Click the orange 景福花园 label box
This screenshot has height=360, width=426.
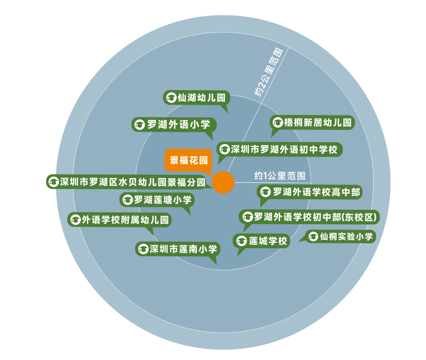(188, 160)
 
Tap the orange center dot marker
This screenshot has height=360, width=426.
(223, 182)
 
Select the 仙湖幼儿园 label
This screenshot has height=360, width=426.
(196, 97)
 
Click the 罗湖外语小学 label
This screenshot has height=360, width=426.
(174, 125)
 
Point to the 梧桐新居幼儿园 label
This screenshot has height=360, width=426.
(312, 122)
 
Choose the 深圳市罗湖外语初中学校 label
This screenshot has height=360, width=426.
(279, 149)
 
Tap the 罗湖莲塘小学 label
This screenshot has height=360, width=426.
(157, 200)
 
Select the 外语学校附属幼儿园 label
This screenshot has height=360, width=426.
(120, 220)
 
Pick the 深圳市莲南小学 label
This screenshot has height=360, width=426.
(178, 249)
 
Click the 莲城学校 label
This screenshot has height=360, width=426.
(261, 241)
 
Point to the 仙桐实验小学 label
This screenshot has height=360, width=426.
(340, 237)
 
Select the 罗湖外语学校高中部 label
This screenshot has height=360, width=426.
(310, 192)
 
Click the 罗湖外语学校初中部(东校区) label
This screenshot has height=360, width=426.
(309, 217)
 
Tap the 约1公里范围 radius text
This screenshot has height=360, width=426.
(280, 176)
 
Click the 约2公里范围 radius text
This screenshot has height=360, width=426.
(268, 72)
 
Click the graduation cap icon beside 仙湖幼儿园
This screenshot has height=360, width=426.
(171, 97)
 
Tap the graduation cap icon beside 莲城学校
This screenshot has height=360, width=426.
(242, 241)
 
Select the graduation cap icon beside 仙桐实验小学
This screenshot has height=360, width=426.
(313, 237)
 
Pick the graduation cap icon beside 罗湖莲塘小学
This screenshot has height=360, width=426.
(127, 200)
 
